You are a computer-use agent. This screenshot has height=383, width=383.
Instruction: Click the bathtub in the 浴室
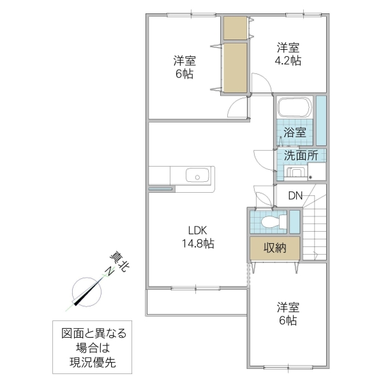pyautogui.click(x=294, y=108)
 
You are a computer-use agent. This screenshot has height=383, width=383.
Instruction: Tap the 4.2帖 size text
pyautogui.click(x=288, y=61)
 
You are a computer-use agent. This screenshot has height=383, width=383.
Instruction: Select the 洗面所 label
pyautogui.click(x=301, y=155)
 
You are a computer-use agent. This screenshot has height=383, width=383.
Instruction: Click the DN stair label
pyautogui.click(x=295, y=196)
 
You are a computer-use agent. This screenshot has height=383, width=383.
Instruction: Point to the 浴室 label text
pyautogui.click(x=295, y=135)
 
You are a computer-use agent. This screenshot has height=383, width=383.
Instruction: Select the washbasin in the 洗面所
pyautogui.click(x=295, y=172)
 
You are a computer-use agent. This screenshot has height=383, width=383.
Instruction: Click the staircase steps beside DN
pyautogui.click(x=314, y=230)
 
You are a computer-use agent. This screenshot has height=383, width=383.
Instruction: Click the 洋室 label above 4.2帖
pyautogui.click(x=288, y=47)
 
